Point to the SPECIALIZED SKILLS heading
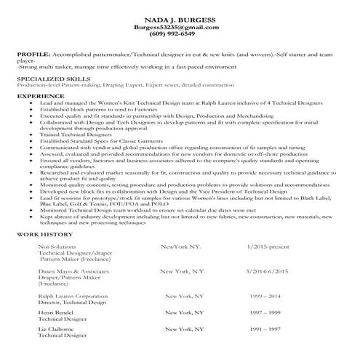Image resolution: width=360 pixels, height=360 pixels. tap(48, 76)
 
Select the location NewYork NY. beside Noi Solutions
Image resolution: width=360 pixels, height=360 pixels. tap(184, 247)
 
